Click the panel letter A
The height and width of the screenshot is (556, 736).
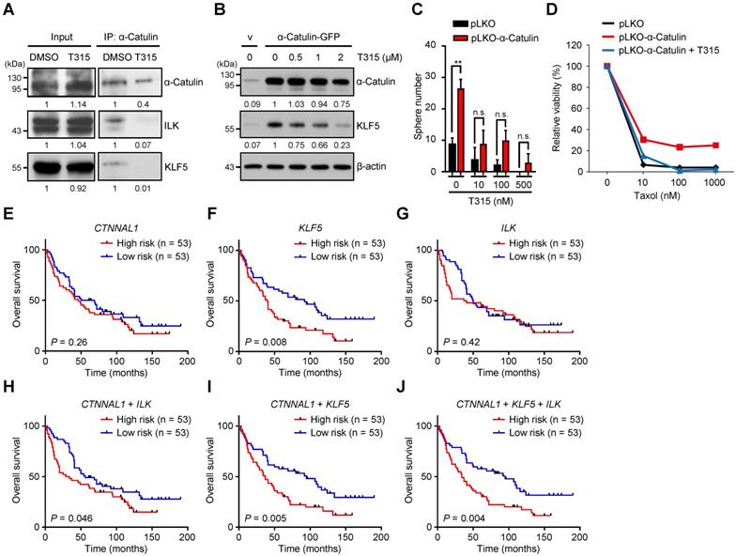(x=8, y=8)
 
